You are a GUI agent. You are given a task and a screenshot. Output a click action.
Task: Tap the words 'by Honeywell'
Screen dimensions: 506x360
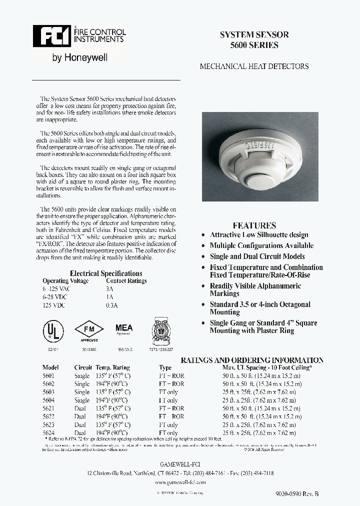pos(80,58)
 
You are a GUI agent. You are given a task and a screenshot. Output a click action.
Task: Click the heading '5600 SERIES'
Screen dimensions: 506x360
pos(254,45)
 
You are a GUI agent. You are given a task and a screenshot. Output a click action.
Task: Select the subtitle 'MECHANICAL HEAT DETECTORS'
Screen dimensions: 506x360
pos(254,66)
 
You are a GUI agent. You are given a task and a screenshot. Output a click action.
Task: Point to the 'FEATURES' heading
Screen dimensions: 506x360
pos(254,225)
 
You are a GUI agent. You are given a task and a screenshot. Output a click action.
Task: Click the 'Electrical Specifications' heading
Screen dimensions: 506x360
pos(106,273)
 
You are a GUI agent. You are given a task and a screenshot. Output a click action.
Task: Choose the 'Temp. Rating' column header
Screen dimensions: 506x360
pos(112,367)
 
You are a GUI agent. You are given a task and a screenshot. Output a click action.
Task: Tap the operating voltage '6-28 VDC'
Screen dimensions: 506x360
pos(55,297)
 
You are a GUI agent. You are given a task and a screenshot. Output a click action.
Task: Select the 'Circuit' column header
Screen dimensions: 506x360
pos(83,367)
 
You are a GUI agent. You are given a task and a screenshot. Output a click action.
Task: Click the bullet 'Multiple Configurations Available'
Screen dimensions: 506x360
pos(261,245)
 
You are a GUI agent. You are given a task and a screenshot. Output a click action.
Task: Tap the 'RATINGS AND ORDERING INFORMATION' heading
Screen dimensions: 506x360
pos(252,360)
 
